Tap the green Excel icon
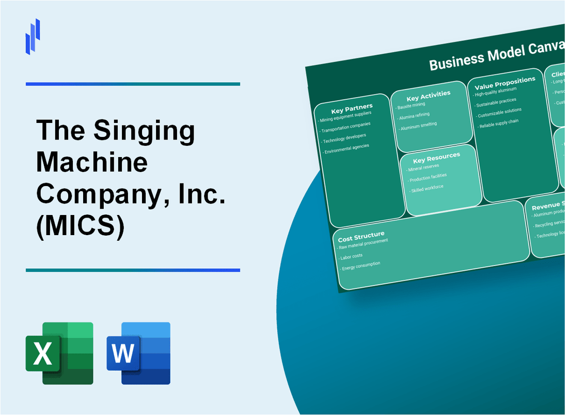(59, 353)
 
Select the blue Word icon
(138, 353)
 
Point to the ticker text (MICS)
(81, 228)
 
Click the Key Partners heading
(351, 109)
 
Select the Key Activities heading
(428, 96)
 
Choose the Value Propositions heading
(504, 83)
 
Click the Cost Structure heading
(361, 237)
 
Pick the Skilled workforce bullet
(426, 189)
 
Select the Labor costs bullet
(352, 257)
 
